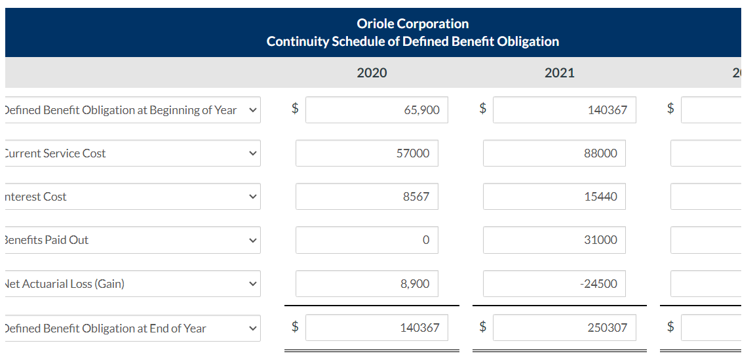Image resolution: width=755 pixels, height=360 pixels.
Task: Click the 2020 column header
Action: [372, 73]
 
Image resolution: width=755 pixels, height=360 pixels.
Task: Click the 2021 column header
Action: [559, 73]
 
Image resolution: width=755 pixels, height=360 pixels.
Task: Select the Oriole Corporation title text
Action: [412, 24]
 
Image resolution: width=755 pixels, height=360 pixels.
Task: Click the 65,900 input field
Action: [377, 110]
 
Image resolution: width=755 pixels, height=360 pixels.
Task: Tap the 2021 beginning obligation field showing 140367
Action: [564, 110]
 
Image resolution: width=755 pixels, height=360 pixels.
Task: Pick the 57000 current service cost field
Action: [366, 153]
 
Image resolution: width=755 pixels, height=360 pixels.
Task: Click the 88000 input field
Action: [554, 153]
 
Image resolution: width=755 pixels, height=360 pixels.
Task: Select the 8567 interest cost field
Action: [366, 197]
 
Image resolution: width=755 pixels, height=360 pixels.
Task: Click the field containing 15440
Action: [554, 197]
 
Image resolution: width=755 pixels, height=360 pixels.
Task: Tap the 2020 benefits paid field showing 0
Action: [366, 240]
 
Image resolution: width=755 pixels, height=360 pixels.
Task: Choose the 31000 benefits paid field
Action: [554, 240]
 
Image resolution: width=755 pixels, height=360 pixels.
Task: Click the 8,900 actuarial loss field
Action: [366, 284]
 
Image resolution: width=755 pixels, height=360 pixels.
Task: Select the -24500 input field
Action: [554, 284]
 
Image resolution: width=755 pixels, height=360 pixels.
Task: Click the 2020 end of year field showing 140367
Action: [377, 327]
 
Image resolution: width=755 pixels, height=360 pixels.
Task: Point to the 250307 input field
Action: [564, 327]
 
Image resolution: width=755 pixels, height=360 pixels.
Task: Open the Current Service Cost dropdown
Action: [131, 153]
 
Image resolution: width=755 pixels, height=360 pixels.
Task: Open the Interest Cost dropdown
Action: [131, 197]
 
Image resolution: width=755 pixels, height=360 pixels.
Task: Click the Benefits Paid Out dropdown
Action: [131, 240]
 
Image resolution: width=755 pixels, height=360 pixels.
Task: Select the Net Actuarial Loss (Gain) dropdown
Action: [131, 284]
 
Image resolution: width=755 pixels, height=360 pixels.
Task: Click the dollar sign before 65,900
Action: [295, 110]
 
